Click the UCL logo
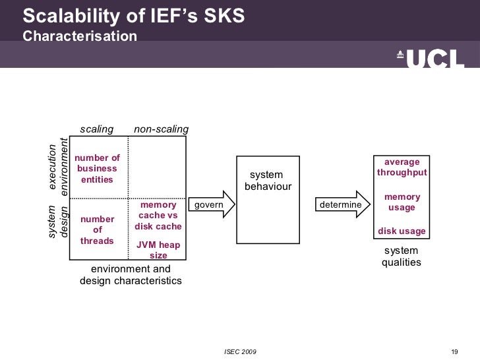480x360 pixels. [x=430, y=59]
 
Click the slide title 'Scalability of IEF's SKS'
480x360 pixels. [x=134, y=16]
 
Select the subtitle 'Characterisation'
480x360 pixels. [x=80, y=36]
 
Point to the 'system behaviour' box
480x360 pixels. [x=268, y=199]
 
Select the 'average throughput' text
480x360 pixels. [x=402, y=167]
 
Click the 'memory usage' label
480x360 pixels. [x=402, y=202]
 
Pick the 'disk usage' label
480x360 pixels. [x=402, y=231]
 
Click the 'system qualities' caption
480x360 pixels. [x=401, y=256]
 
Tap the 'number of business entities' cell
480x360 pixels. [x=98, y=169]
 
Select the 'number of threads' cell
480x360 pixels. [x=98, y=230]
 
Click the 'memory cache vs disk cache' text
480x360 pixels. [x=158, y=216]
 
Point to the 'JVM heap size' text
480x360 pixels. [x=158, y=250]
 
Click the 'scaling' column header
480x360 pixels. [x=97, y=129]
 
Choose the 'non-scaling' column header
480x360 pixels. [x=161, y=129]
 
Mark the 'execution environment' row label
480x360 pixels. [x=58, y=166]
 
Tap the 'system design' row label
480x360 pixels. [x=58, y=222]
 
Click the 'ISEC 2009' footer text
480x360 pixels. [x=241, y=350]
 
